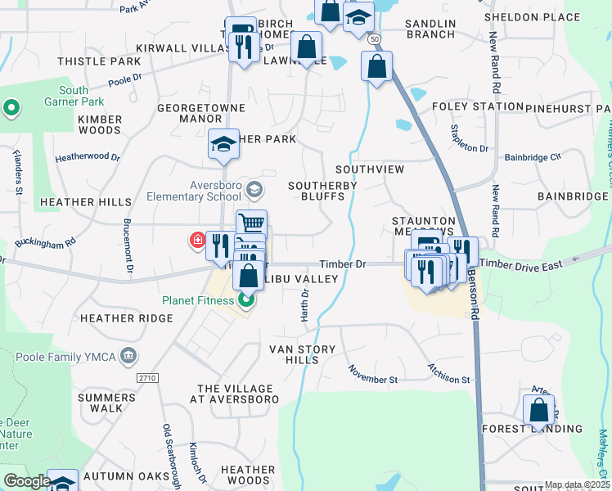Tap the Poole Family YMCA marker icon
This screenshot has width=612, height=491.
click(x=128, y=356)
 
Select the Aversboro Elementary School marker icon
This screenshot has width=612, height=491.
click(x=254, y=190)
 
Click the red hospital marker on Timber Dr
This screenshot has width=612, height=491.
click(x=197, y=241)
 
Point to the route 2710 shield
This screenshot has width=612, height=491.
click(x=146, y=377)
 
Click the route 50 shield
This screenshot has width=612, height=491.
click(x=375, y=39)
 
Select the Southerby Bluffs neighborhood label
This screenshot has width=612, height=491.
click(x=322, y=191)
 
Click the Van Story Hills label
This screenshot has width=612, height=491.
click(x=303, y=354)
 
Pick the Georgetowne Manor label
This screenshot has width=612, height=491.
click(x=190, y=112)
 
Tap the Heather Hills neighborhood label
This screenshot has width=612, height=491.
click(x=85, y=202)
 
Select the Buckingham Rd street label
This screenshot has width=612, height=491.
click(x=48, y=243)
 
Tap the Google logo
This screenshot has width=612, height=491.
click(x=27, y=482)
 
